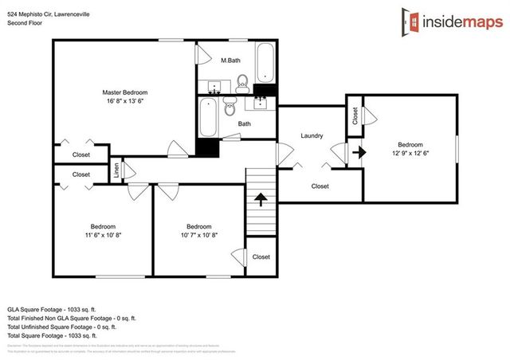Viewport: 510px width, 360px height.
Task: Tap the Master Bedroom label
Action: [124, 92]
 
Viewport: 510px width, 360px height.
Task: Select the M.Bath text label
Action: [231, 61]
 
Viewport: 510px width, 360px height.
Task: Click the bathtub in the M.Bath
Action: [265, 64]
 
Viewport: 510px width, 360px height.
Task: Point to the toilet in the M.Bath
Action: [243, 82]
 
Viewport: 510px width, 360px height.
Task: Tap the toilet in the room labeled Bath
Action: [230, 105]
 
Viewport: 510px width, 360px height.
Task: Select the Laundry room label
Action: [312, 135]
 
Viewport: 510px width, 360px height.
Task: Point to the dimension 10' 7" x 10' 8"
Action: [198, 235]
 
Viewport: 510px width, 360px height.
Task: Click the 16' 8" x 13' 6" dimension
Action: [124, 102]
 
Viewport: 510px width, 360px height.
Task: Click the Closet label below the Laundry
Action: [320, 186]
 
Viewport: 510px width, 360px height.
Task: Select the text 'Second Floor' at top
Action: [26, 23]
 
